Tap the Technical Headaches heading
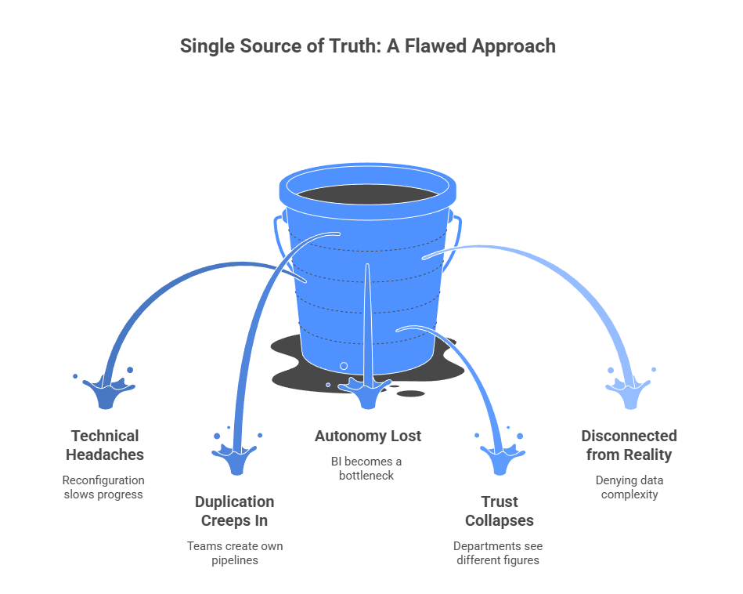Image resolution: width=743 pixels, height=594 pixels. tap(105, 445)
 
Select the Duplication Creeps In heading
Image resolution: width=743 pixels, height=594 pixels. tap(235, 511)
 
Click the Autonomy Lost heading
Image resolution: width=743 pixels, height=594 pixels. tap(368, 436)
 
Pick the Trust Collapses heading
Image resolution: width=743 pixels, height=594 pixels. tap(500, 511)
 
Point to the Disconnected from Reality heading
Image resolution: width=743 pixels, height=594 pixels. tap(629, 445)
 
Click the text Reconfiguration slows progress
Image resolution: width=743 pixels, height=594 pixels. tap(104, 487)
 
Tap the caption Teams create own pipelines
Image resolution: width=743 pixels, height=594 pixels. tap(235, 553)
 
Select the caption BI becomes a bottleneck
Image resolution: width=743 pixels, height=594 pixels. tap(366, 469)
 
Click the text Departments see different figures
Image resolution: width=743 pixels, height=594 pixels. tap(498, 553)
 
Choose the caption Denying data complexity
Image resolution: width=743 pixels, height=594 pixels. tap(629, 487)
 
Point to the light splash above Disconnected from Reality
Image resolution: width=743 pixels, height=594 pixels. tap(629, 390)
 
